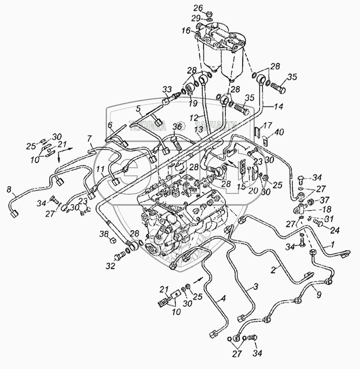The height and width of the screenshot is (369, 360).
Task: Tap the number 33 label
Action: point(167,89)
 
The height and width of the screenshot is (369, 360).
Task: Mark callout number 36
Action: point(179,128)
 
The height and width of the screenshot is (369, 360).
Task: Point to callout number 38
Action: point(104,234)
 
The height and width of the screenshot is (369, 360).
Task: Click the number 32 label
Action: point(110,266)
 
